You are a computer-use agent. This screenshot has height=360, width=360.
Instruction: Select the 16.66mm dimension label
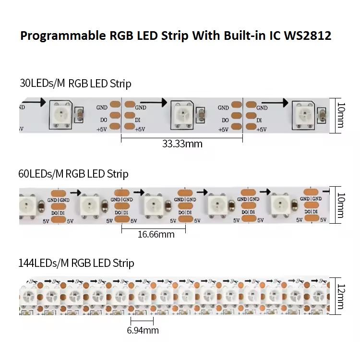pos(156,234)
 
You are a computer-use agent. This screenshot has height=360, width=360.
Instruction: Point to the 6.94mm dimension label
pos(143,330)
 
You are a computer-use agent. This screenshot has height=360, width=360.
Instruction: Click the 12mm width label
pos(340,295)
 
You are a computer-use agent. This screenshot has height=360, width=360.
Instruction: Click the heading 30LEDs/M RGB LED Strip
pos(75,84)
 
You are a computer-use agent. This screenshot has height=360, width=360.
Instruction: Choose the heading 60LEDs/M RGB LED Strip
pos(73,173)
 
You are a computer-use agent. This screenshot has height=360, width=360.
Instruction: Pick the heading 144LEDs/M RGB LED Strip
pos(76,263)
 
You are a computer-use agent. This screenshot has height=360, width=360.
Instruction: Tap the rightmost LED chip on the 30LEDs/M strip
pos(303,114)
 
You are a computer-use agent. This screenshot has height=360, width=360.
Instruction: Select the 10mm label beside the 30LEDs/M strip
pos(340,116)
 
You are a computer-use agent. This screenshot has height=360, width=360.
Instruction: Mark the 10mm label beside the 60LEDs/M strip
pos(340,205)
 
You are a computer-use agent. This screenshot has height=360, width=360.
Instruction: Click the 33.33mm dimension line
pos(181,137)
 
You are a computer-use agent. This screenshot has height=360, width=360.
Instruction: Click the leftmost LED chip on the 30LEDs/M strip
pos(61,114)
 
